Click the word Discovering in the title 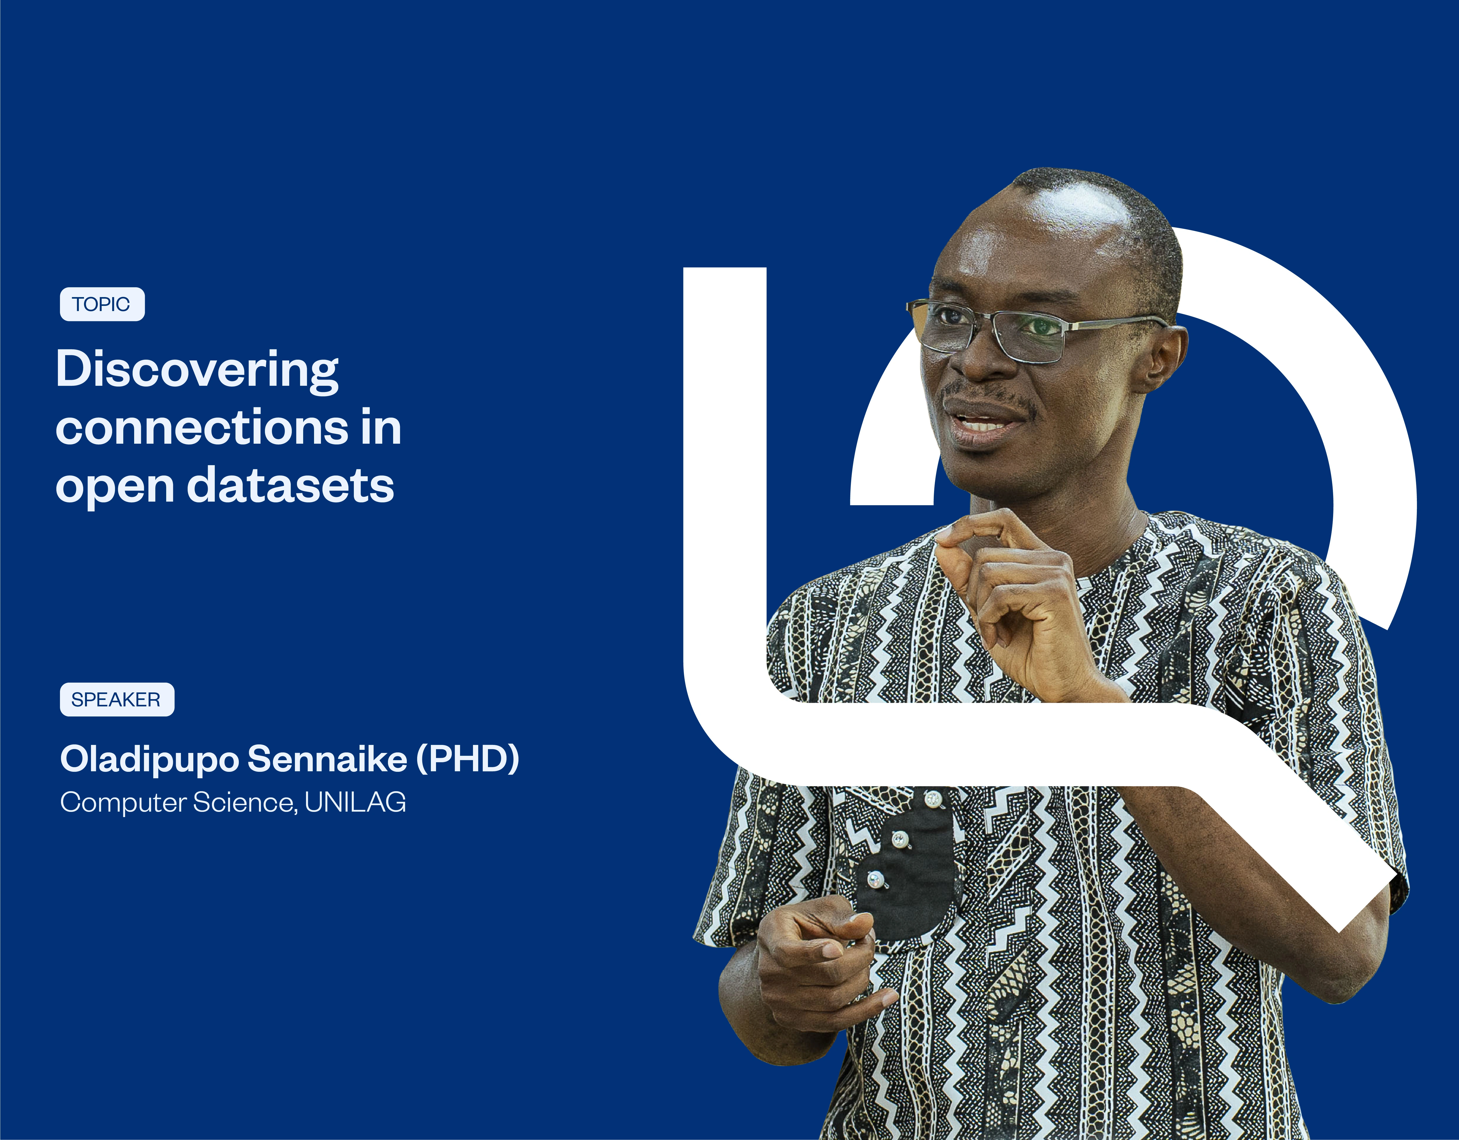(197, 369)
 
